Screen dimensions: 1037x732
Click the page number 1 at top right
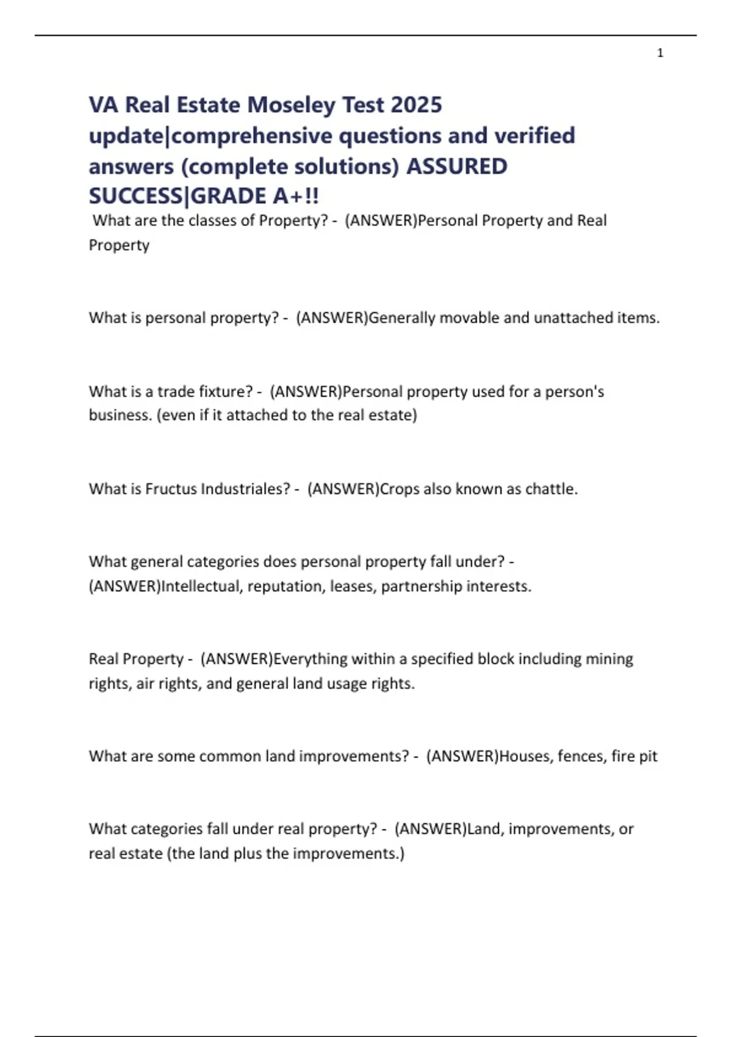coord(660,53)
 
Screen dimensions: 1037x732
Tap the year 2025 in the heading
coord(417,105)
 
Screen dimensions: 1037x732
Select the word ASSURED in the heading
coord(457,166)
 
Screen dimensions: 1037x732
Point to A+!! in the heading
coord(296,196)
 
